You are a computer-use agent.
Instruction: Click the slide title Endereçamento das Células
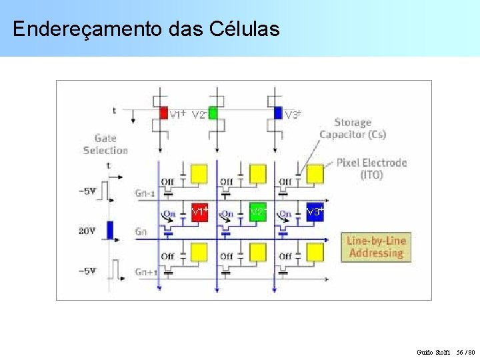pos(145,29)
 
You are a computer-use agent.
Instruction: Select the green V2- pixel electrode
pos(257,213)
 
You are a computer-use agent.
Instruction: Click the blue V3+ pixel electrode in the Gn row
pos(315,213)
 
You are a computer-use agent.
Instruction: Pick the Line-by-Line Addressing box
pos(377,247)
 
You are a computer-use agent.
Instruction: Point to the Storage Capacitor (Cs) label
pos(353,128)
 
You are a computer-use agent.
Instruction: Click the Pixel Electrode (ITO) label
pos(371,168)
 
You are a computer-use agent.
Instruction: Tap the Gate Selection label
pos(105,144)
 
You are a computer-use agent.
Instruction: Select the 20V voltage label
pos(87,231)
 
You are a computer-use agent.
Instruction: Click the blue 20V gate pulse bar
pos(111,230)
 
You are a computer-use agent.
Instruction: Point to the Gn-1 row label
pos(145,193)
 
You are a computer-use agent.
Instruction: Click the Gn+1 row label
pos(146,272)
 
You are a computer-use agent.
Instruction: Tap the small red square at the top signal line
pos(163,113)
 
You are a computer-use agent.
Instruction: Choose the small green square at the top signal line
pos(213,113)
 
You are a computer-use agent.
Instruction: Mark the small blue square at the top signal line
pos(278,113)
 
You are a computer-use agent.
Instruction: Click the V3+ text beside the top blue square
pos(293,115)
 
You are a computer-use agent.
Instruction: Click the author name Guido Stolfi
pos(433,351)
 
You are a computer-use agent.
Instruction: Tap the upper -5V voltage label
pos(87,191)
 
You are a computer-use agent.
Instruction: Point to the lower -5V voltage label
pos(87,271)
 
